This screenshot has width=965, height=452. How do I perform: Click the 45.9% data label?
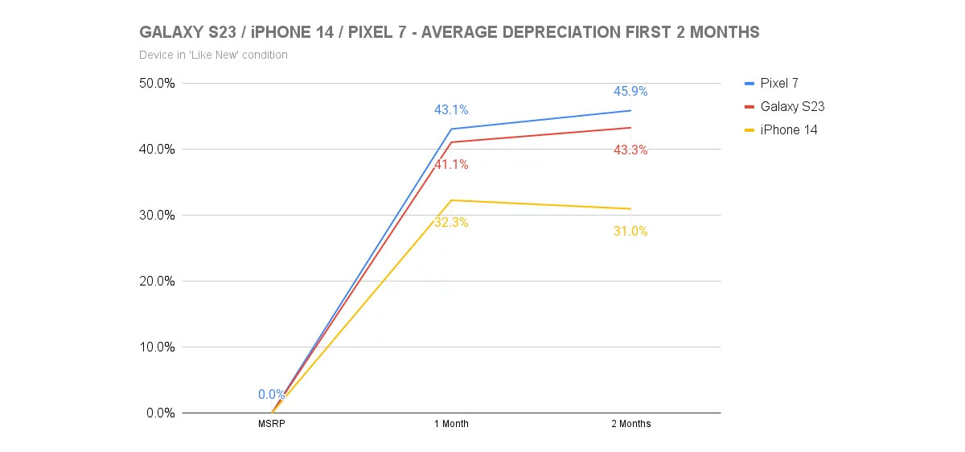630,92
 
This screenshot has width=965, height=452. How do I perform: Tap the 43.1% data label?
451,109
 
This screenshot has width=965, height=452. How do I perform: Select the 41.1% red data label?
451,165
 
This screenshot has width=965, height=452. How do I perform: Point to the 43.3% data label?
630,150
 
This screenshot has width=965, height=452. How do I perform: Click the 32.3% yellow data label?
451,223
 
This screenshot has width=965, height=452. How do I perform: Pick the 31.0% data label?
630,232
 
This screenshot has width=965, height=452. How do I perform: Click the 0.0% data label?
272,395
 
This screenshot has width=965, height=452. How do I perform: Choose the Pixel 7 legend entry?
778,83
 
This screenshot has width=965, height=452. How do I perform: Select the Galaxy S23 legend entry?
792,106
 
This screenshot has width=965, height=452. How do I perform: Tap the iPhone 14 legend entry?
788,129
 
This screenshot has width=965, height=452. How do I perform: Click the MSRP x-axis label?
272,424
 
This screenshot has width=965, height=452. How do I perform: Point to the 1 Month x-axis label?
451,424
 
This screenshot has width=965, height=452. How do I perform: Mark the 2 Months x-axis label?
630,424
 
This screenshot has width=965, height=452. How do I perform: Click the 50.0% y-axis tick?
156,83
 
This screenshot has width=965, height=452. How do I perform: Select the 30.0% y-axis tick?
156,215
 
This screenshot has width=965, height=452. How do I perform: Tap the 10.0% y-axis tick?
156,347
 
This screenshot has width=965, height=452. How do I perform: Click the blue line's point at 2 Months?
630,110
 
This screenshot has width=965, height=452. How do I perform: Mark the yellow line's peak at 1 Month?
451,200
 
